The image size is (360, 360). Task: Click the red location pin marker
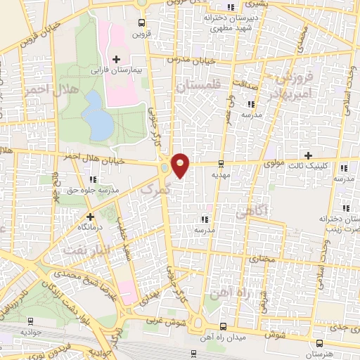tap(181, 165)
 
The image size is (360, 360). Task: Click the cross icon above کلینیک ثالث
tap(308, 155)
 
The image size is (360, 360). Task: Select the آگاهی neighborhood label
tap(252, 211)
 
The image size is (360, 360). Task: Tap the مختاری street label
tap(262, 259)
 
